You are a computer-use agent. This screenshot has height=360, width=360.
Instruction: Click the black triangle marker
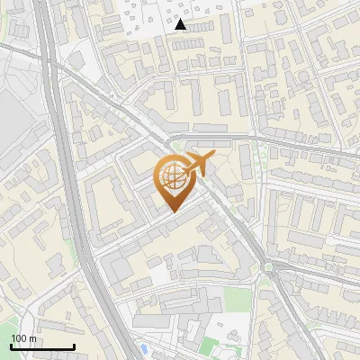[x=181, y=25]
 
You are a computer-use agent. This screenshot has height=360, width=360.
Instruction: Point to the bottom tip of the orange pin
[x=173, y=211]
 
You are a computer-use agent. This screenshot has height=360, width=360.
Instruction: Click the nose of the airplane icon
[x=214, y=157]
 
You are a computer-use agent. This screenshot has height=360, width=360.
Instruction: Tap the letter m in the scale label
[x=32, y=338]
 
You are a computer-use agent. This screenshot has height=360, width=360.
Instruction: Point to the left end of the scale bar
[x=11, y=346]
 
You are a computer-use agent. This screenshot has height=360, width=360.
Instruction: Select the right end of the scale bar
[x=74, y=346]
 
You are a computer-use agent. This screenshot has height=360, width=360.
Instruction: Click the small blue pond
[x=143, y=347]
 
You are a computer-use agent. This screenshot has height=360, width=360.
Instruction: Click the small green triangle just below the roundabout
[x=265, y=282]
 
